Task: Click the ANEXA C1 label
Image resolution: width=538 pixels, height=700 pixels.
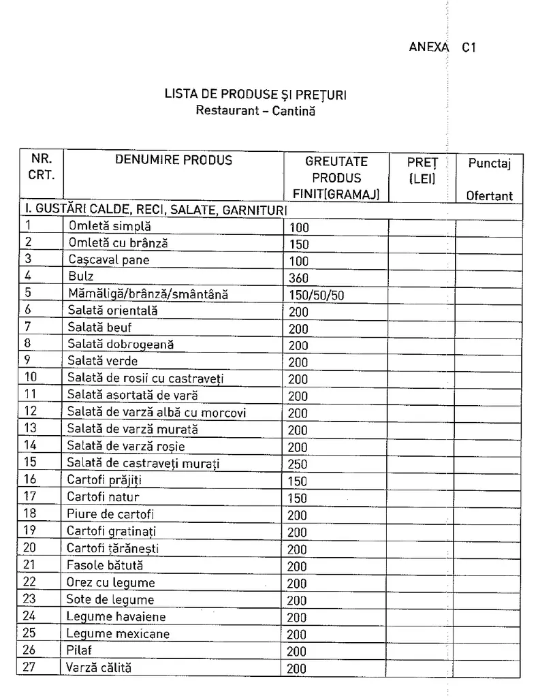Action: (441, 48)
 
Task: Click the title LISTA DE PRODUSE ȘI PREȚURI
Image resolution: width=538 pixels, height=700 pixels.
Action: (255, 95)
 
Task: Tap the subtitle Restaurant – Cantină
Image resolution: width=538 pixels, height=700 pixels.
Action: (255, 110)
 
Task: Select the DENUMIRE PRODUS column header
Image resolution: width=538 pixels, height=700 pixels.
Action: (173, 161)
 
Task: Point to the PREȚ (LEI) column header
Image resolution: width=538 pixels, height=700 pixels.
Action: (422, 170)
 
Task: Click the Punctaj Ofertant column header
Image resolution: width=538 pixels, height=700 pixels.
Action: (489, 178)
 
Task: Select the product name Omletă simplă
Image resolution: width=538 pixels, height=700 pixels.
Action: (110, 226)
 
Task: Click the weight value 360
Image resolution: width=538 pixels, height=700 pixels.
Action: (298, 278)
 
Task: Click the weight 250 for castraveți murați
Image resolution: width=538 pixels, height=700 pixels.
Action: (298, 464)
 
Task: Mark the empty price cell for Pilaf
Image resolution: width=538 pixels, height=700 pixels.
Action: (421, 650)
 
